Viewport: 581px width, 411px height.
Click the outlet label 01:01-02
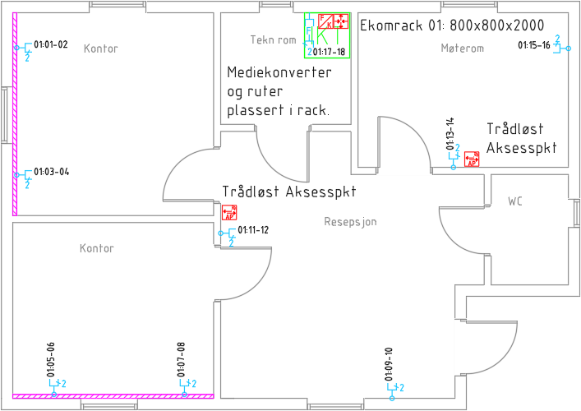point(51,44)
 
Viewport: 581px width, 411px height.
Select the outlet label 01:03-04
point(52,172)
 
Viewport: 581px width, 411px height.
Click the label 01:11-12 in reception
point(253,230)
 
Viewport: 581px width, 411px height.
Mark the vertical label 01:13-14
point(450,133)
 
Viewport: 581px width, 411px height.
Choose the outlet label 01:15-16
point(534,45)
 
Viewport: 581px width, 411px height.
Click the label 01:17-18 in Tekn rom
point(330,52)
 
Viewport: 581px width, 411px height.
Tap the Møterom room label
point(462,48)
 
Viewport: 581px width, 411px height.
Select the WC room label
point(515,201)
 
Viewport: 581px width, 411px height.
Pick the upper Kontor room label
point(101,48)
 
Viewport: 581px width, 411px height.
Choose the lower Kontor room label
point(96,248)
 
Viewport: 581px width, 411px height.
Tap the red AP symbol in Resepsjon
point(229,213)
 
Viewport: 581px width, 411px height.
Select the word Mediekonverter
point(279,73)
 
